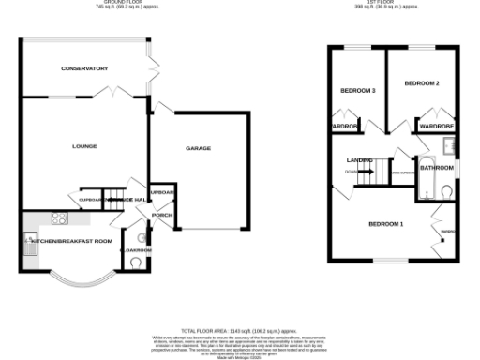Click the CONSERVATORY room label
(84, 68)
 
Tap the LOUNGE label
(84, 146)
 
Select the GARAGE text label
(198, 148)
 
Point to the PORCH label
(162, 215)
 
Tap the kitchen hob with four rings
(60, 218)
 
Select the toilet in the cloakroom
(139, 263)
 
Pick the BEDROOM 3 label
(358, 90)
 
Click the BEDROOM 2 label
(422, 83)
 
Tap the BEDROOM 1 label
(385, 224)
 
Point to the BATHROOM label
(436, 169)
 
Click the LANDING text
(361, 160)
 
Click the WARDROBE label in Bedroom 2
(437, 125)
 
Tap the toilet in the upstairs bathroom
(445, 191)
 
